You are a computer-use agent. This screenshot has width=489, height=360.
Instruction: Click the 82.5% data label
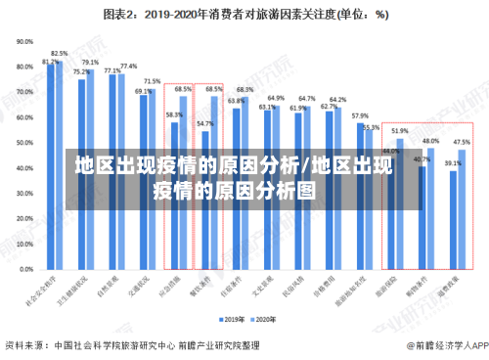tap(60, 54)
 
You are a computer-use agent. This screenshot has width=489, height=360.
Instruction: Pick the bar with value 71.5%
tap(152, 176)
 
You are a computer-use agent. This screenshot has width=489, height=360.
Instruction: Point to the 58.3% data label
tap(174, 114)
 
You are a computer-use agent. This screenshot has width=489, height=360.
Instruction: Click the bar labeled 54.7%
tap(204, 196)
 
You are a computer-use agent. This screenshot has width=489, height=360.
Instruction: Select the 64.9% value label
tap(276, 98)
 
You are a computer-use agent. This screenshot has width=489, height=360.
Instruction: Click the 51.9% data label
tap(400, 130)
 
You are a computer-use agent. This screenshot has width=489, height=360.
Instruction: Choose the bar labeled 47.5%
tap(462, 205)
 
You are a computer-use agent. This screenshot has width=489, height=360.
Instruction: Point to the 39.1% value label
tap(453, 163)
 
